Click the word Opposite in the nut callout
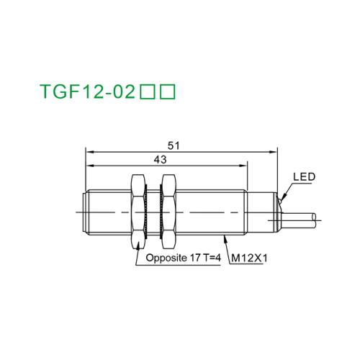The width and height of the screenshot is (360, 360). (x=165, y=257)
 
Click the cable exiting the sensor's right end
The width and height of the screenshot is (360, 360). (x=302, y=215)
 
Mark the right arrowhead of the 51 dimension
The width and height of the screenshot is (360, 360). (x=275, y=151)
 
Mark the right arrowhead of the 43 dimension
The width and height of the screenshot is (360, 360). (x=245, y=165)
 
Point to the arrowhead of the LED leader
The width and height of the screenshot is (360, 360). (x=282, y=199)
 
